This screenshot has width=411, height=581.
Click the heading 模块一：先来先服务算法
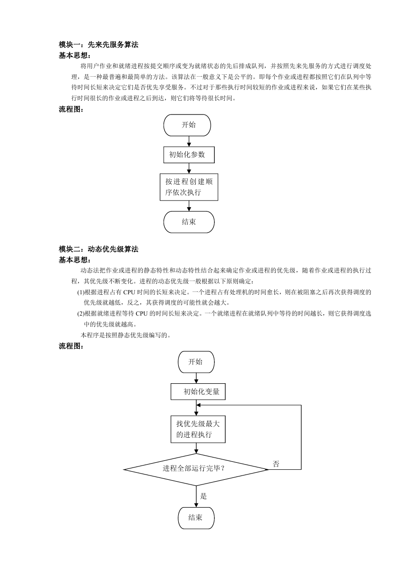click(x=98, y=44)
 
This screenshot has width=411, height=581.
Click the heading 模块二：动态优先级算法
click(x=98, y=249)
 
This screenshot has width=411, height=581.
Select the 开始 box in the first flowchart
click(x=187, y=125)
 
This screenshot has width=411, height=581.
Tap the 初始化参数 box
click(x=189, y=155)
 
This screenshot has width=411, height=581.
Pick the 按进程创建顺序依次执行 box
click(x=189, y=187)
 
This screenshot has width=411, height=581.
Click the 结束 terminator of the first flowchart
click(x=189, y=222)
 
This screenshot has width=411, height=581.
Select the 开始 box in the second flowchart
click(x=196, y=362)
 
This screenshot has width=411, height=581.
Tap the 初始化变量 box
click(x=198, y=391)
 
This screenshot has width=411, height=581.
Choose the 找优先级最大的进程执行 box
click(x=198, y=429)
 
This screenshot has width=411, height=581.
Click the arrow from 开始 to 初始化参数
click(x=189, y=141)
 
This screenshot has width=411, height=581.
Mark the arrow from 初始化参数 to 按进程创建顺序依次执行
click(x=189, y=168)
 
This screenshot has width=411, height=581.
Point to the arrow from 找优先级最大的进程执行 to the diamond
click(x=196, y=448)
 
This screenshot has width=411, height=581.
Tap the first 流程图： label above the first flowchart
click(x=71, y=109)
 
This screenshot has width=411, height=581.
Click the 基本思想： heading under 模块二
click(x=75, y=260)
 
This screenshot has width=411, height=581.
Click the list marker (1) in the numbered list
click(x=81, y=292)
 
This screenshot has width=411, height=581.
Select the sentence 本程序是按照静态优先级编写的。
click(x=126, y=335)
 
